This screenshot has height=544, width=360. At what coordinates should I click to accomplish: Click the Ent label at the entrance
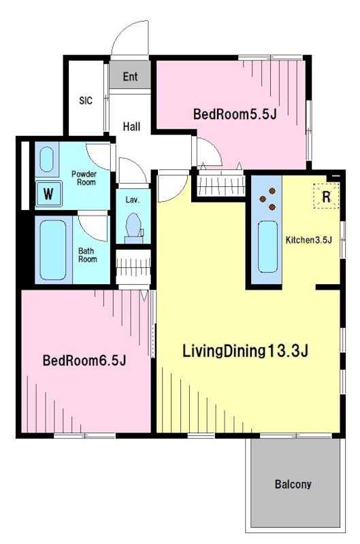(130, 77)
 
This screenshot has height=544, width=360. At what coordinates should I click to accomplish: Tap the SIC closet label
(86, 101)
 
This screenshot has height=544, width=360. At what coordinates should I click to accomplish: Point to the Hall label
(131, 126)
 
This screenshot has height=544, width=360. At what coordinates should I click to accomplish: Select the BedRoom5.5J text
(235, 114)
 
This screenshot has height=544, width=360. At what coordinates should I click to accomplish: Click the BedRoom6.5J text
(84, 360)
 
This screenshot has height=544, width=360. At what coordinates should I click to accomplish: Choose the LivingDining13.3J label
(246, 351)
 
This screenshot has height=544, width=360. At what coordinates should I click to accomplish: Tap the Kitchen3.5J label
(309, 240)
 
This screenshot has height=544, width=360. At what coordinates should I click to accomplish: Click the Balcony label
(293, 484)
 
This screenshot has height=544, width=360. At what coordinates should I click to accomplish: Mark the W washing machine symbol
(48, 194)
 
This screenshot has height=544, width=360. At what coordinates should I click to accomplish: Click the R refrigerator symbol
(327, 197)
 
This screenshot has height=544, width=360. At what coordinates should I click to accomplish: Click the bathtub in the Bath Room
(53, 250)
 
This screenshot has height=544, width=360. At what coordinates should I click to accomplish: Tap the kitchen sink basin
(267, 246)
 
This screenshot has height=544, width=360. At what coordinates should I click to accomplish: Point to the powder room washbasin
(46, 159)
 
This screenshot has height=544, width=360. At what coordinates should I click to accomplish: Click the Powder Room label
(84, 178)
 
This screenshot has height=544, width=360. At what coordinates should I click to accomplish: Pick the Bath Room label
(88, 255)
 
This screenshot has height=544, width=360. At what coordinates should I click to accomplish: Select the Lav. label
(132, 200)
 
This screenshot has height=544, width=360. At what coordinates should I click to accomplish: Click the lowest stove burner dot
(272, 207)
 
